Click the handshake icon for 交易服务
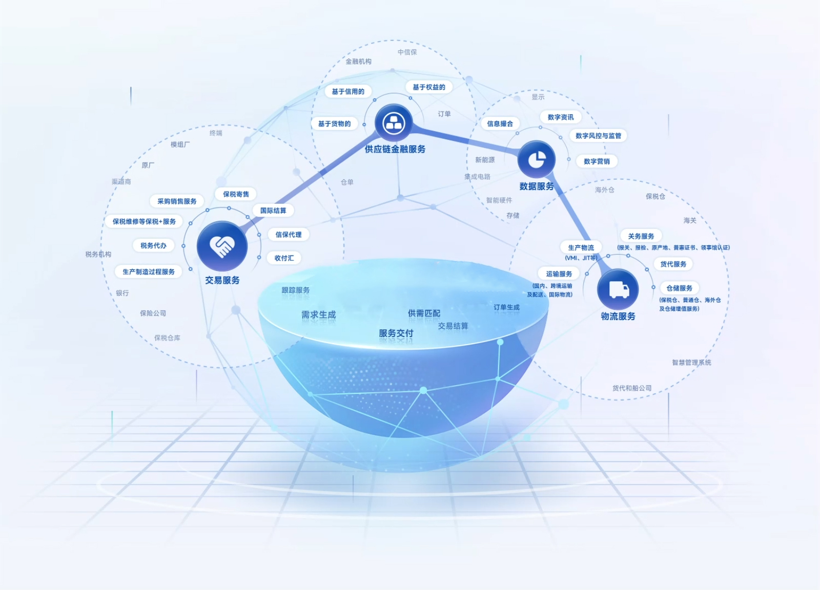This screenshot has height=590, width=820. tap(222, 246)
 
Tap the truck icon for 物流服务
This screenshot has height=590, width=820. tap(618, 289)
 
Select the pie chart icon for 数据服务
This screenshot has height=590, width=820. tap(537, 159)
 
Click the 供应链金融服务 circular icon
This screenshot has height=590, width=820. tap(394, 123)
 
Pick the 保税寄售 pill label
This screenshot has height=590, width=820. tap(236, 194)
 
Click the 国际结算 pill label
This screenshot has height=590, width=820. tap(273, 210)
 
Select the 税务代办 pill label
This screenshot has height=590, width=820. tap(153, 245)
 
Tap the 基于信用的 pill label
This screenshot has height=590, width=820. tap(348, 92)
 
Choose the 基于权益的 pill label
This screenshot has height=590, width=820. tap(429, 87)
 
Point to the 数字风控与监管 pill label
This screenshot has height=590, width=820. tap(598, 136)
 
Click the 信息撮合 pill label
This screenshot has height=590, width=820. tap(500, 123)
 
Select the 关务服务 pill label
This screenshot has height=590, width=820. tap(641, 236)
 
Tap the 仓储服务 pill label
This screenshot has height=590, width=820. tap(679, 288)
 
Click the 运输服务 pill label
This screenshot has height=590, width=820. tap(559, 274)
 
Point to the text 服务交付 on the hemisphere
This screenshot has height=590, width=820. tap(396, 333)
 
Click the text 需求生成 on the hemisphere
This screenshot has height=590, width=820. tap(318, 314)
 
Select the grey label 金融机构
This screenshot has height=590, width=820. tap(358, 61)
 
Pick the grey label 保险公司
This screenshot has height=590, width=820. tap(153, 313)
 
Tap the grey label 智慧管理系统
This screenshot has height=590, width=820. tap(691, 362)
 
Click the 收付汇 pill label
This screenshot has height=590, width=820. tap(284, 258)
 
